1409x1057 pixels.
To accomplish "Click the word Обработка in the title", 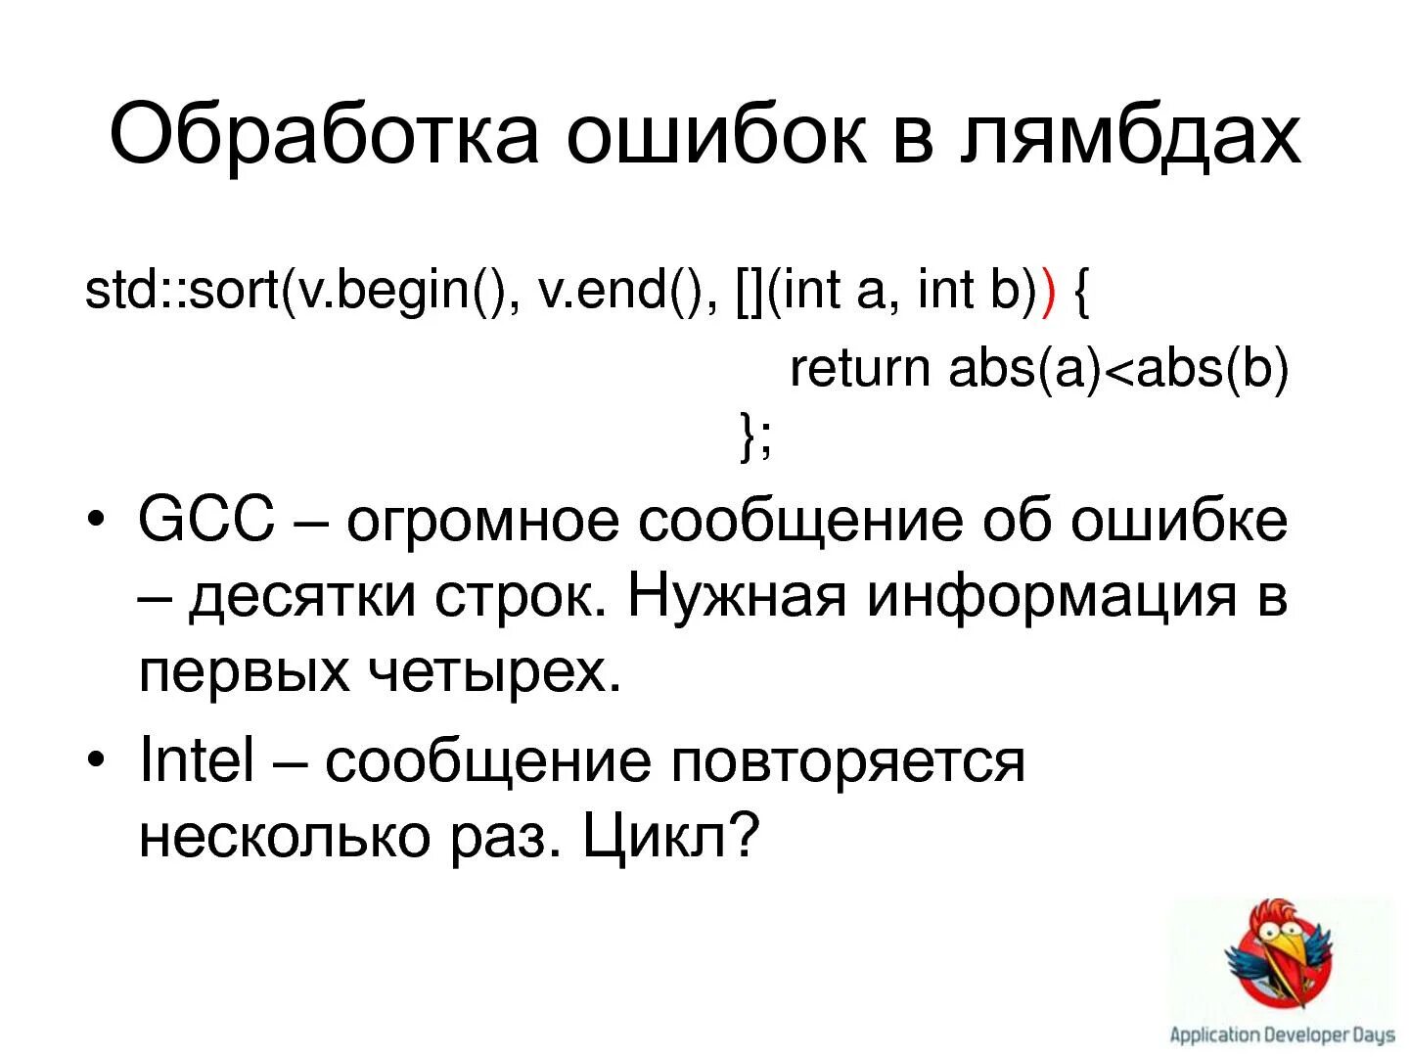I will pyautogui.click(x=324, y=134).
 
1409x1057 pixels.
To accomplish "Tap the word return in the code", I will pyautogui.click(x=859, y=369).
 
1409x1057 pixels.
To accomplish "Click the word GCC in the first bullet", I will pyautogui.click(x=206, y=520).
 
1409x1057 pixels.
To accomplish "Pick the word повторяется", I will pyautogui.click(x=847, y=762).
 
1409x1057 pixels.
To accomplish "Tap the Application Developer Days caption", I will pyautogui.click(x=1282, y=1034).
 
